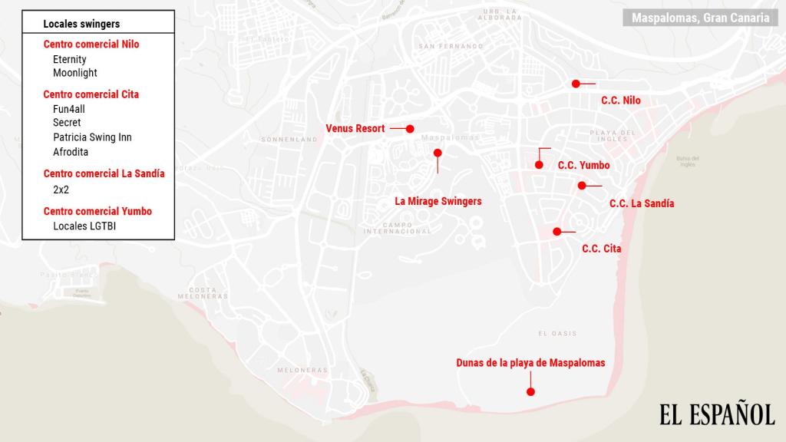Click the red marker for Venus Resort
click(x=410, y=129)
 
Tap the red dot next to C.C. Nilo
click(x=576, y=84)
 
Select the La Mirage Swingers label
click(x=438, y=201)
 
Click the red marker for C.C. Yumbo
click(x=540, y=165)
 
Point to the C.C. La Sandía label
click(x=642, y=203)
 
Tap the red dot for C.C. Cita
click(x=556, y=231)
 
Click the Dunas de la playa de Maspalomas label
click(x=530, y=363)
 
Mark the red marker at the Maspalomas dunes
click(x=530, y=392)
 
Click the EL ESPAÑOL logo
click(x=717, y=415)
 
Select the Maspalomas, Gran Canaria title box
click(x=700, y=18)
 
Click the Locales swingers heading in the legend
click(x=81, y=25)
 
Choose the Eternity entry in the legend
click(x=70, y=59)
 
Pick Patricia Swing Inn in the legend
click(x=92, y=137)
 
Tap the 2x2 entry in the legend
click(x=61, y=189)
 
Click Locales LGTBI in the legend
click(x=84, y=226)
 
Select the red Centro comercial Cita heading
click(x=91, y=94)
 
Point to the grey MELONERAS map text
click(x=302, y=370)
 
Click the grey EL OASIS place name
click(x=557, y=333)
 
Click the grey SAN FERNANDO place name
click(x=451, y=46)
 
